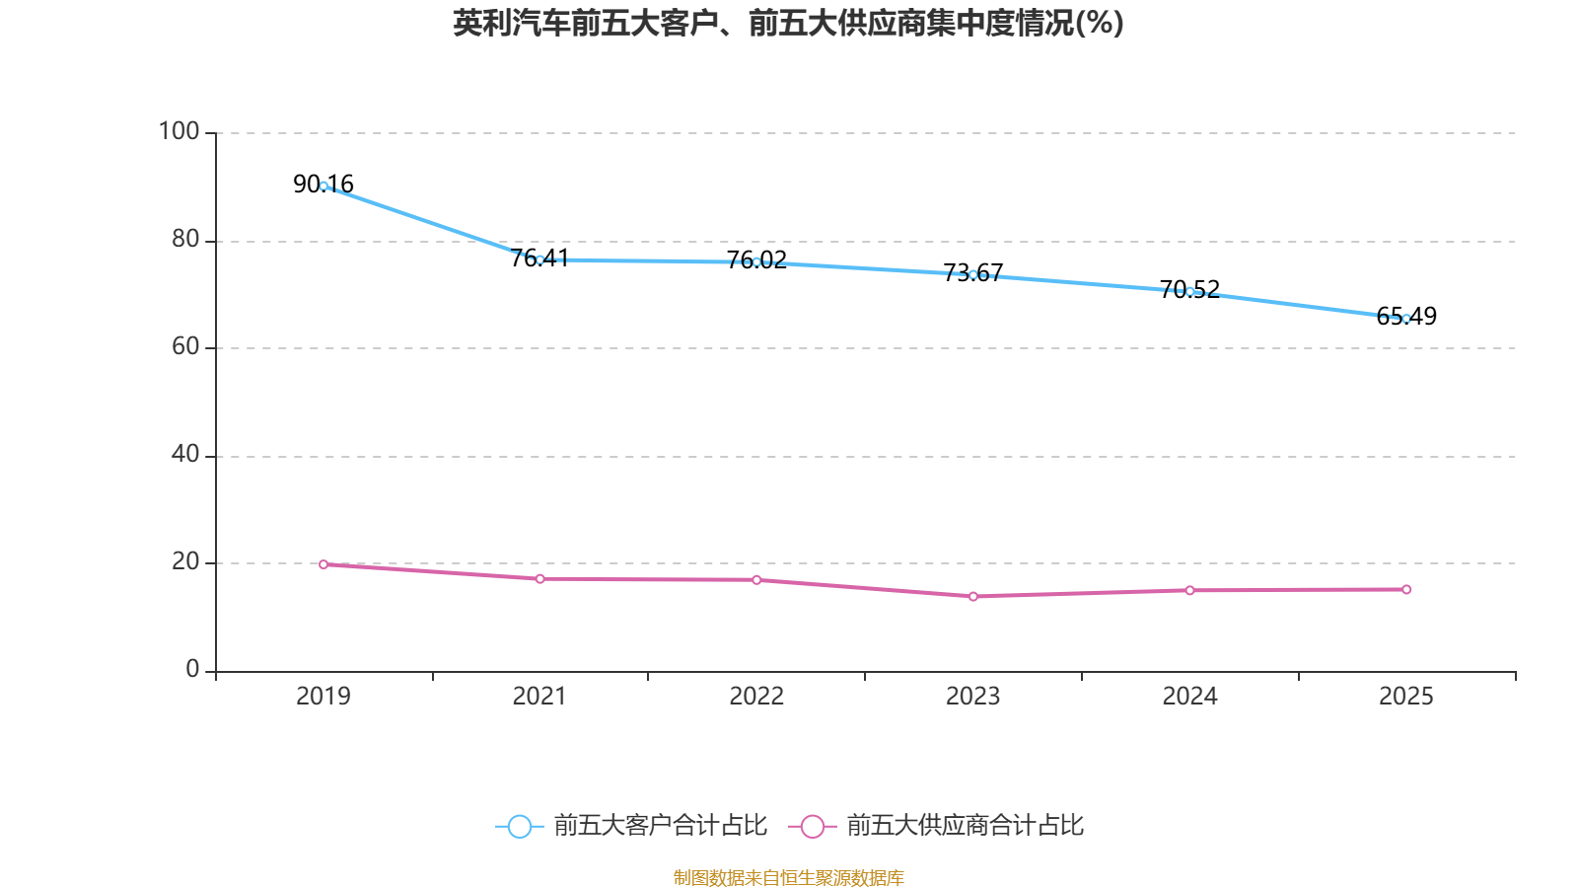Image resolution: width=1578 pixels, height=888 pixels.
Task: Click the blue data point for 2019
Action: click(323, 185)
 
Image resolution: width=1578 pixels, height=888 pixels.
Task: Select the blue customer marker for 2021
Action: click(539, 259)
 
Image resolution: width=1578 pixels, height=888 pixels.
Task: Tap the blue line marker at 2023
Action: click(972, 274)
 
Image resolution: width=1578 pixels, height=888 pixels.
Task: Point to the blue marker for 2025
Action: click(1405, 318)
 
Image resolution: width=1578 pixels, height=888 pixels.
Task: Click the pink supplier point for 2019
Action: click(323, 564)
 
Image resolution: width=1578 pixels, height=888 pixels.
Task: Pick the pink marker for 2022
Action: click(756, 580)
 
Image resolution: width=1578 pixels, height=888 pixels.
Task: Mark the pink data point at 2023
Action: click(972, 596)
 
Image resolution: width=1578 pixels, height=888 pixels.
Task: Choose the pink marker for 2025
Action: click(1405, 589)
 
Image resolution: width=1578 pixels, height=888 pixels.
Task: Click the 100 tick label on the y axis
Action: click(179, 131)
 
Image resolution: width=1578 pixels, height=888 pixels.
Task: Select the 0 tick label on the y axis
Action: click(192, 669)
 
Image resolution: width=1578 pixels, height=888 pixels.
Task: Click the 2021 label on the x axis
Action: click(539, 697)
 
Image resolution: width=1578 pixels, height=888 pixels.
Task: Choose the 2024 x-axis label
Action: click(1189, 697)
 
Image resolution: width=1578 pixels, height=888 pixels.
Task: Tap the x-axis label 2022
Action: click(756, 697)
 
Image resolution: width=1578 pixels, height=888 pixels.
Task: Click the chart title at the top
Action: click(788, 23)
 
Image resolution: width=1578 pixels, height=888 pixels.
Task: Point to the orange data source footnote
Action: click(788, 877)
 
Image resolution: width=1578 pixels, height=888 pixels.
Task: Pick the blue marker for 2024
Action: click(1189, 291)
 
